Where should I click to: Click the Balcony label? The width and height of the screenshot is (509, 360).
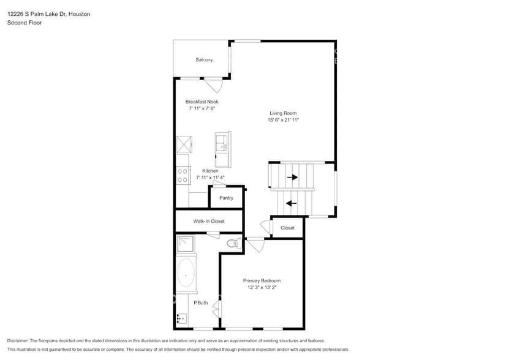[204, 59]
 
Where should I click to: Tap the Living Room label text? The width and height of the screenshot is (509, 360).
[283, 113]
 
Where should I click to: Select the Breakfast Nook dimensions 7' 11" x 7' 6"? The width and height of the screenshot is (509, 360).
[202, 108]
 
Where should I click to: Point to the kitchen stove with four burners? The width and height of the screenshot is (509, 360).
[182, 176]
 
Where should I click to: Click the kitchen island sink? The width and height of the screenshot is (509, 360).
[224, 146]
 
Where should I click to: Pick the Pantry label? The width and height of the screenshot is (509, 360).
[226, 198]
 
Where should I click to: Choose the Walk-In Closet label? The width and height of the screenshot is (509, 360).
[209, 221]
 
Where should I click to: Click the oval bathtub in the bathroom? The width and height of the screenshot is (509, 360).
[186, 274]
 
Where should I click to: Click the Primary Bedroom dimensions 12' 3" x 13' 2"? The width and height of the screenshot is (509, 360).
[262, 287]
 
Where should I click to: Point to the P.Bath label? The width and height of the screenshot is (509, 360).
[200, 303]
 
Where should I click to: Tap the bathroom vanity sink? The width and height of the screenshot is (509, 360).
[181, 318]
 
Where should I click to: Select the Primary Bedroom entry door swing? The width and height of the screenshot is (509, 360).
[256, 245]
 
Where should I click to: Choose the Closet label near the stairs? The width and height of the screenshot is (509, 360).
[287, 228]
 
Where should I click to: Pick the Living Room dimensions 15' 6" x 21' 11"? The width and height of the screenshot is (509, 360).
[283, 120]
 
